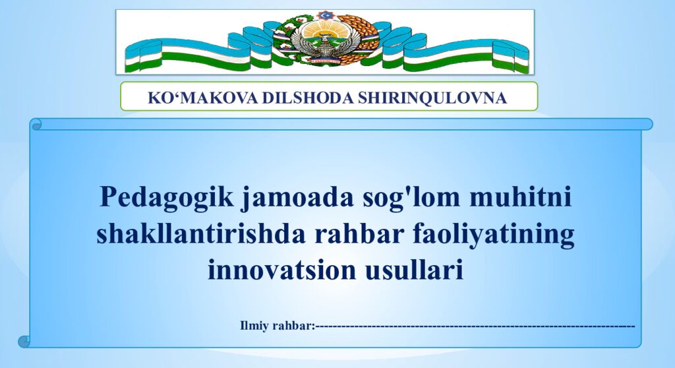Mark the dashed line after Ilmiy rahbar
475,325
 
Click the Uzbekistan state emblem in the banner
322,41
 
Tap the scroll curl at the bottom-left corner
25,341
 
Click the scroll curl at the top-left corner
36,123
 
